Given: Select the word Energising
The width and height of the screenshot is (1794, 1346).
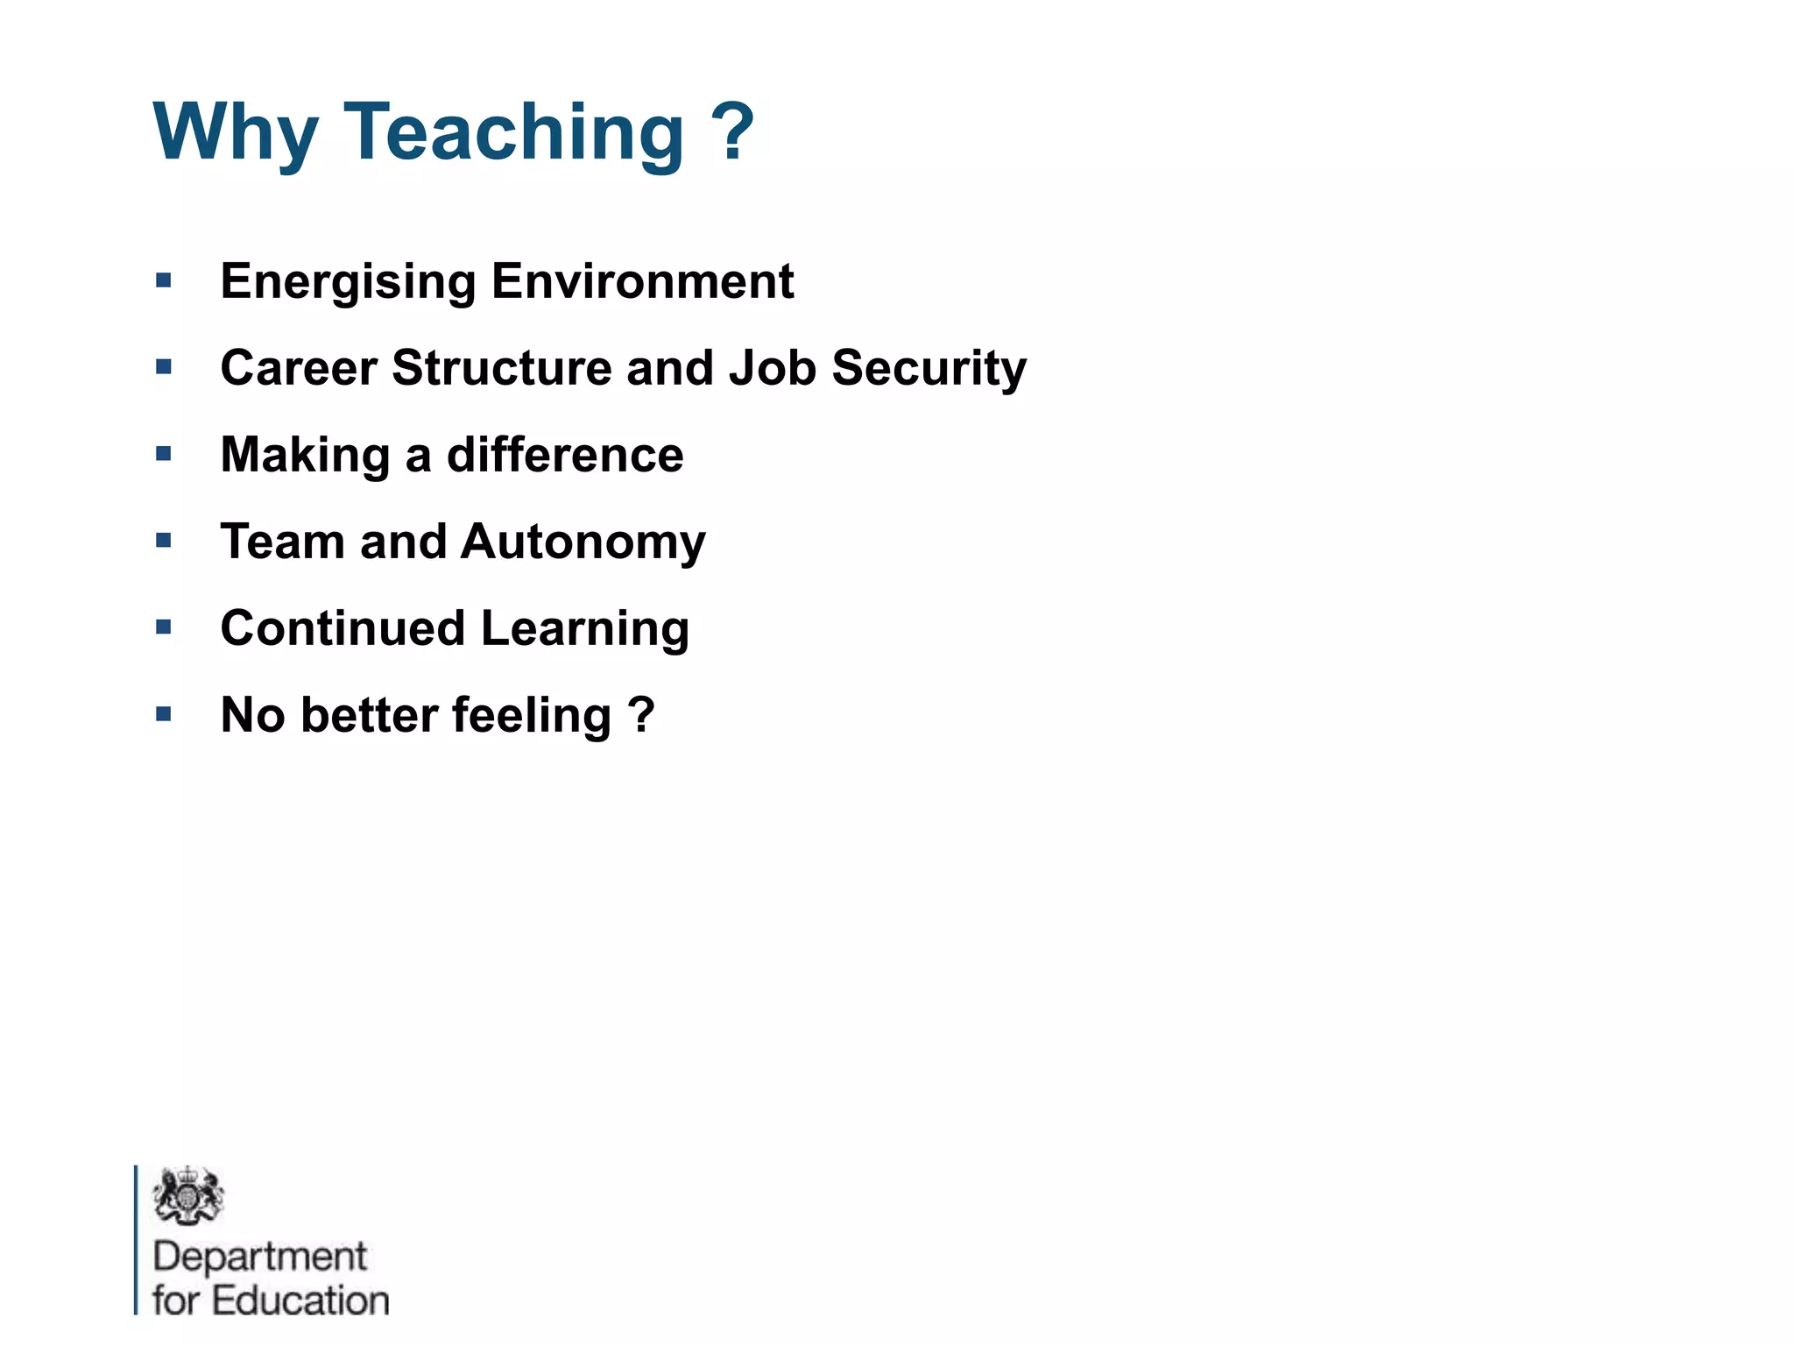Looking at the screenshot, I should coord(348,282).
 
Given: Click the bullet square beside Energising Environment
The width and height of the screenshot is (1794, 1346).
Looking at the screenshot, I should coord(164,281).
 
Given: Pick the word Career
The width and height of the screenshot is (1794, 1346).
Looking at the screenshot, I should coord(299,368).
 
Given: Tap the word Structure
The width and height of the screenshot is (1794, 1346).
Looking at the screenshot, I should coord(501,368).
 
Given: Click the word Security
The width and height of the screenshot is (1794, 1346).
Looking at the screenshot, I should coord(929,368).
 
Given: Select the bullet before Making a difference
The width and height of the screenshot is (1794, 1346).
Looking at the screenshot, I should coord(164,454).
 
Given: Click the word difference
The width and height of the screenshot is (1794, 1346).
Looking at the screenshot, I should coord(565,455).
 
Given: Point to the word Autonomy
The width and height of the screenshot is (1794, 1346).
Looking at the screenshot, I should coord(583,542).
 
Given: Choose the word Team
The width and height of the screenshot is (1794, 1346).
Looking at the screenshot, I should coord(282,542).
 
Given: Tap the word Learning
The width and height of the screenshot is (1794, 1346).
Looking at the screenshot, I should coord(585,629).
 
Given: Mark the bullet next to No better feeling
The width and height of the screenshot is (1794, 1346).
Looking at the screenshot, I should coord(164,714).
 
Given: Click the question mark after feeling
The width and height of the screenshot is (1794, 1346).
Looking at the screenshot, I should coord(642,714).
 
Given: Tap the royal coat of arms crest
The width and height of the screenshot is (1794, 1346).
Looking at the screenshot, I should coord(187,1195).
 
